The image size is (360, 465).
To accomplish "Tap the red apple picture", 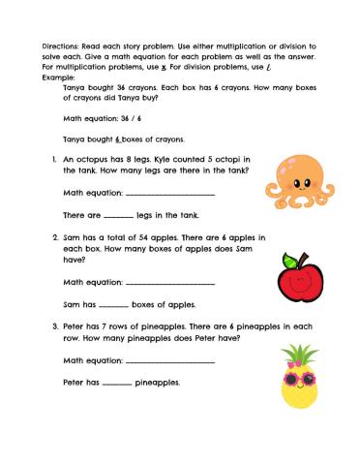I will (297, 281).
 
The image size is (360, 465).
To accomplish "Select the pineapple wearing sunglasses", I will (302, 377).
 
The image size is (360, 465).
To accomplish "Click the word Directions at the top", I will (60, 46).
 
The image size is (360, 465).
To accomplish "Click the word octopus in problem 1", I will (91, 158).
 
